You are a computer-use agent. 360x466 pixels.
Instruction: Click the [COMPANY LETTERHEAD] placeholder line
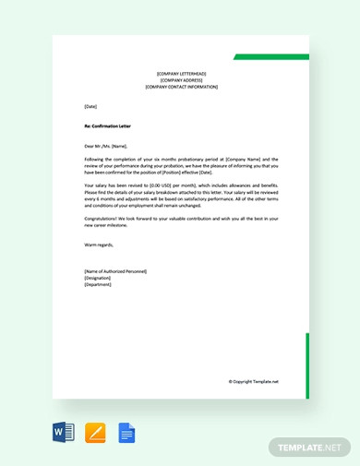pos(182,73)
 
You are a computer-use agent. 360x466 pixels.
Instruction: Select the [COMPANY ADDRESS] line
pos(182,79)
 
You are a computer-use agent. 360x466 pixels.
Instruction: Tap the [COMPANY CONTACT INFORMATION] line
pos(182,87)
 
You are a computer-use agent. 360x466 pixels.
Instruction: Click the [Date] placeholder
pos(90,106)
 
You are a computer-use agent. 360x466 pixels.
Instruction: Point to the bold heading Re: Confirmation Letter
pos(108,125)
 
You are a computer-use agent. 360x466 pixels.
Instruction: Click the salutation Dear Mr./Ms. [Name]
pos(105,146)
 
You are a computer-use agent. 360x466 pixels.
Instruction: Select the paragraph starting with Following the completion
pos(180,165)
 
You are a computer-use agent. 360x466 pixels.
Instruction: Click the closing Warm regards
pos(99,245)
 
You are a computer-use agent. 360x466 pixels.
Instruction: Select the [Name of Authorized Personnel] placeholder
pos(114,271)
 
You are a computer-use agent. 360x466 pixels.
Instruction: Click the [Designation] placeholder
pos(97,278)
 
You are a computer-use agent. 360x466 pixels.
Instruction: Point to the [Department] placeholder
pos(98,284)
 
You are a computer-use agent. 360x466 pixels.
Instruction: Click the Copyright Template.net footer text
pos(253,381)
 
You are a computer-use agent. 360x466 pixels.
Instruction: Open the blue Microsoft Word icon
pos(64,433)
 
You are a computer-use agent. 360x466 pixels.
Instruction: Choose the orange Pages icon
pos(95,433)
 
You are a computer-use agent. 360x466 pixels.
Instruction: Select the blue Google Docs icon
pos(126,433)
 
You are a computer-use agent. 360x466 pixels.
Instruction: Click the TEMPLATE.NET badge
pos(310,448)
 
